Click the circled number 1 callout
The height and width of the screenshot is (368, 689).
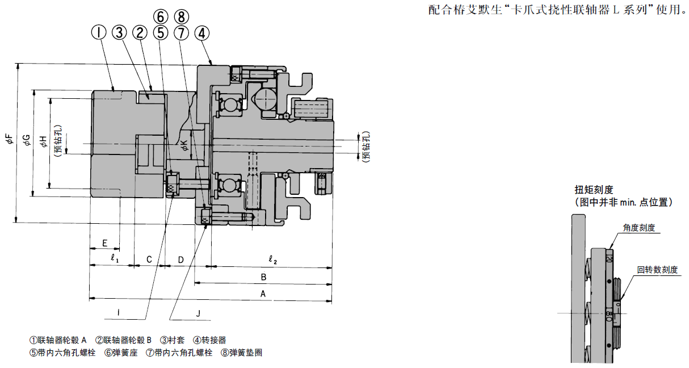pyautogui.click(x=100, y=33)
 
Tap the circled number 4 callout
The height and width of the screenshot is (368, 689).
pyautogui.click(x=201, y=33)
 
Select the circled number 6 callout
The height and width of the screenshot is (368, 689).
pyautogui.click(x=161, y=16)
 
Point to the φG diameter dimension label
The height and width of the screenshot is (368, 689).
pyautogui.click(x=26, y=140)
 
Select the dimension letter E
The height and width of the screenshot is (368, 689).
pyautogui.click(x=104, y=243)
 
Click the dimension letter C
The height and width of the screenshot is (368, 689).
pyautogui.click(x=149, y=260)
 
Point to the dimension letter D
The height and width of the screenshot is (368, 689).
pyautogui.click(x=180, y=260)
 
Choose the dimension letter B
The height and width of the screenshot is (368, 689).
pyautogui.click(x=263, y=277)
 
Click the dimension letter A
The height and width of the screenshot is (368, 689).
pyautogui.click(x=262, y=294)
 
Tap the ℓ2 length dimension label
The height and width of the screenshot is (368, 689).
pyautogui.click(x=272, y=260)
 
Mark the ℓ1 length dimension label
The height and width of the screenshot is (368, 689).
pyautogui.click(x=114, y=259)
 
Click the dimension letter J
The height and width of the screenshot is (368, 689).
pyautogui.click(x=198, y=313)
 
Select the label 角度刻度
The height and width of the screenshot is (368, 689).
pyautogui.click(x=639, y=228)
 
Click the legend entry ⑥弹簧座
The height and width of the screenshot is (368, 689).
pyautogui.click(x=121, y=353)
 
